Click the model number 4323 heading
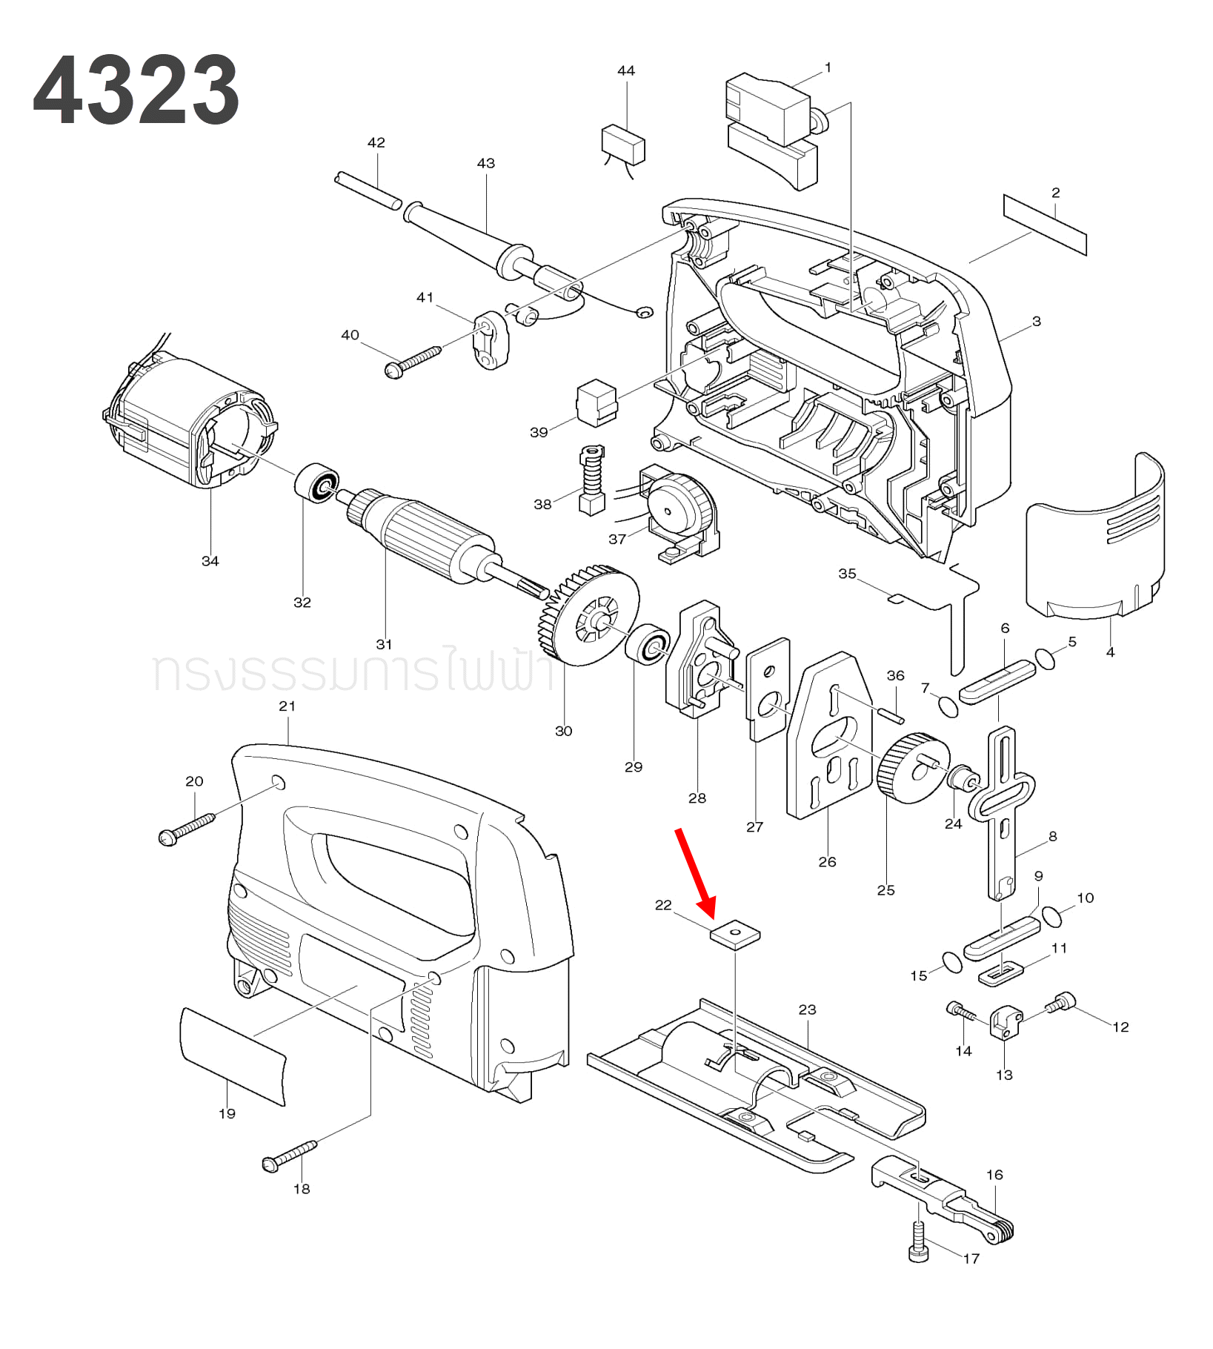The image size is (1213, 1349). point(136,90)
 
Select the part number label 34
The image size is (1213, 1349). point(210,561)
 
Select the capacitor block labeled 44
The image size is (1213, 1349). point(623,144)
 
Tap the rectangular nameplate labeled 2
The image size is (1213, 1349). point(1045,225)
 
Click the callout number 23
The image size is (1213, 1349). point(807,1009)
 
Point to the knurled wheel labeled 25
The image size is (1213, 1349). point(911,767)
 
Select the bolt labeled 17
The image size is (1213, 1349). point(918,1242)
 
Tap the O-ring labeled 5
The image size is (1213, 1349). point(1045,658)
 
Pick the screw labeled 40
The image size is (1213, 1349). point(413,361)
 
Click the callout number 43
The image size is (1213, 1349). point(486,163)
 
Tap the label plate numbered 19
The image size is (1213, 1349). point(232,1055)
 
